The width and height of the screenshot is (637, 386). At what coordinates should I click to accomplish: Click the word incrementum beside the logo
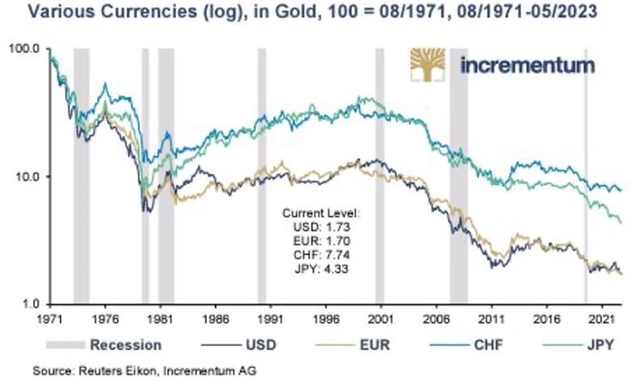click(527, 65)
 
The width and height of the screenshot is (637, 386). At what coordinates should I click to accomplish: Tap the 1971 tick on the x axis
click(50, 319)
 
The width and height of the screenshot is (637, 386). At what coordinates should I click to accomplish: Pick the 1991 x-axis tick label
click(270, 319)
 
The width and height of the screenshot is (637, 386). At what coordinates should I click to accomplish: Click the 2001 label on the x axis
click(380, 319)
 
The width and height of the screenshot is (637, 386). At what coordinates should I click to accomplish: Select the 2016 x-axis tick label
click(547, 319)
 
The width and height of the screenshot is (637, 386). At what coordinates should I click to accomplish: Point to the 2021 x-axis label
click(601, 319)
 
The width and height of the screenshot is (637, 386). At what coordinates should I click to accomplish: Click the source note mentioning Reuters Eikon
click(145, 369)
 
